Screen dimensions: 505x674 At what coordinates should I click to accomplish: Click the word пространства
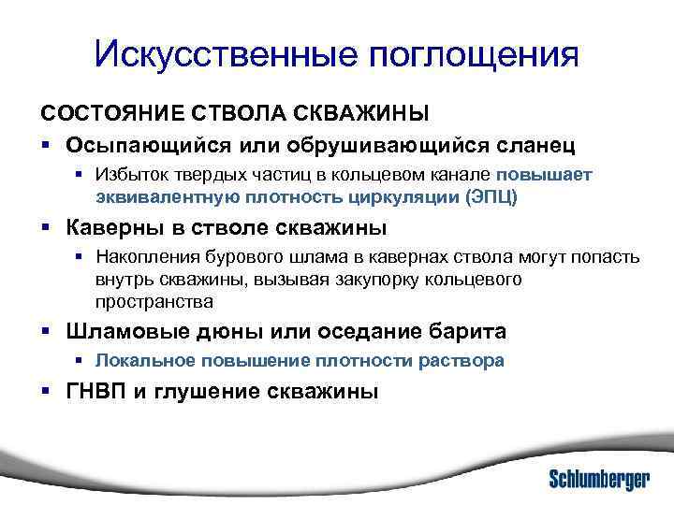coord(154,301)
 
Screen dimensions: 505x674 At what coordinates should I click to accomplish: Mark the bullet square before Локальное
coord(81,361)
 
